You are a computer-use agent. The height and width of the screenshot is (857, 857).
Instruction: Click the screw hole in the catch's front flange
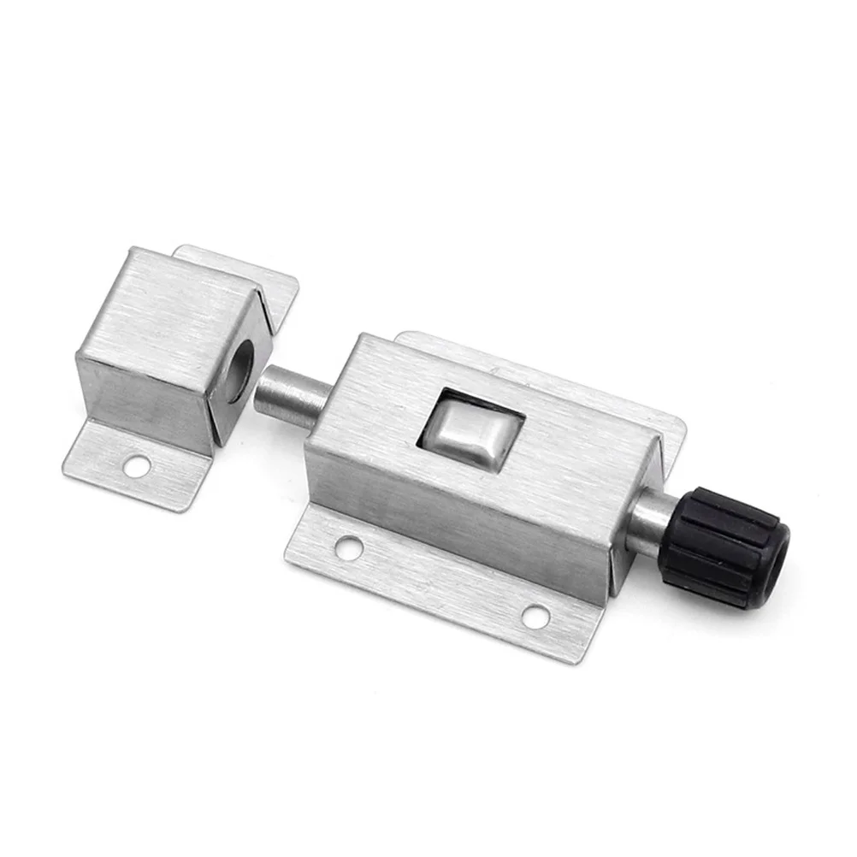pyautogui.click(x=137, y=466)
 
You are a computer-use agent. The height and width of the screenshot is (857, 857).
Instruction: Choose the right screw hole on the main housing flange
pyautogui.click(x=535, y=615)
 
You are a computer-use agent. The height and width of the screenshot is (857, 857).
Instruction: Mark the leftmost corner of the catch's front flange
pyautogui.click(x=65, y=464)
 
